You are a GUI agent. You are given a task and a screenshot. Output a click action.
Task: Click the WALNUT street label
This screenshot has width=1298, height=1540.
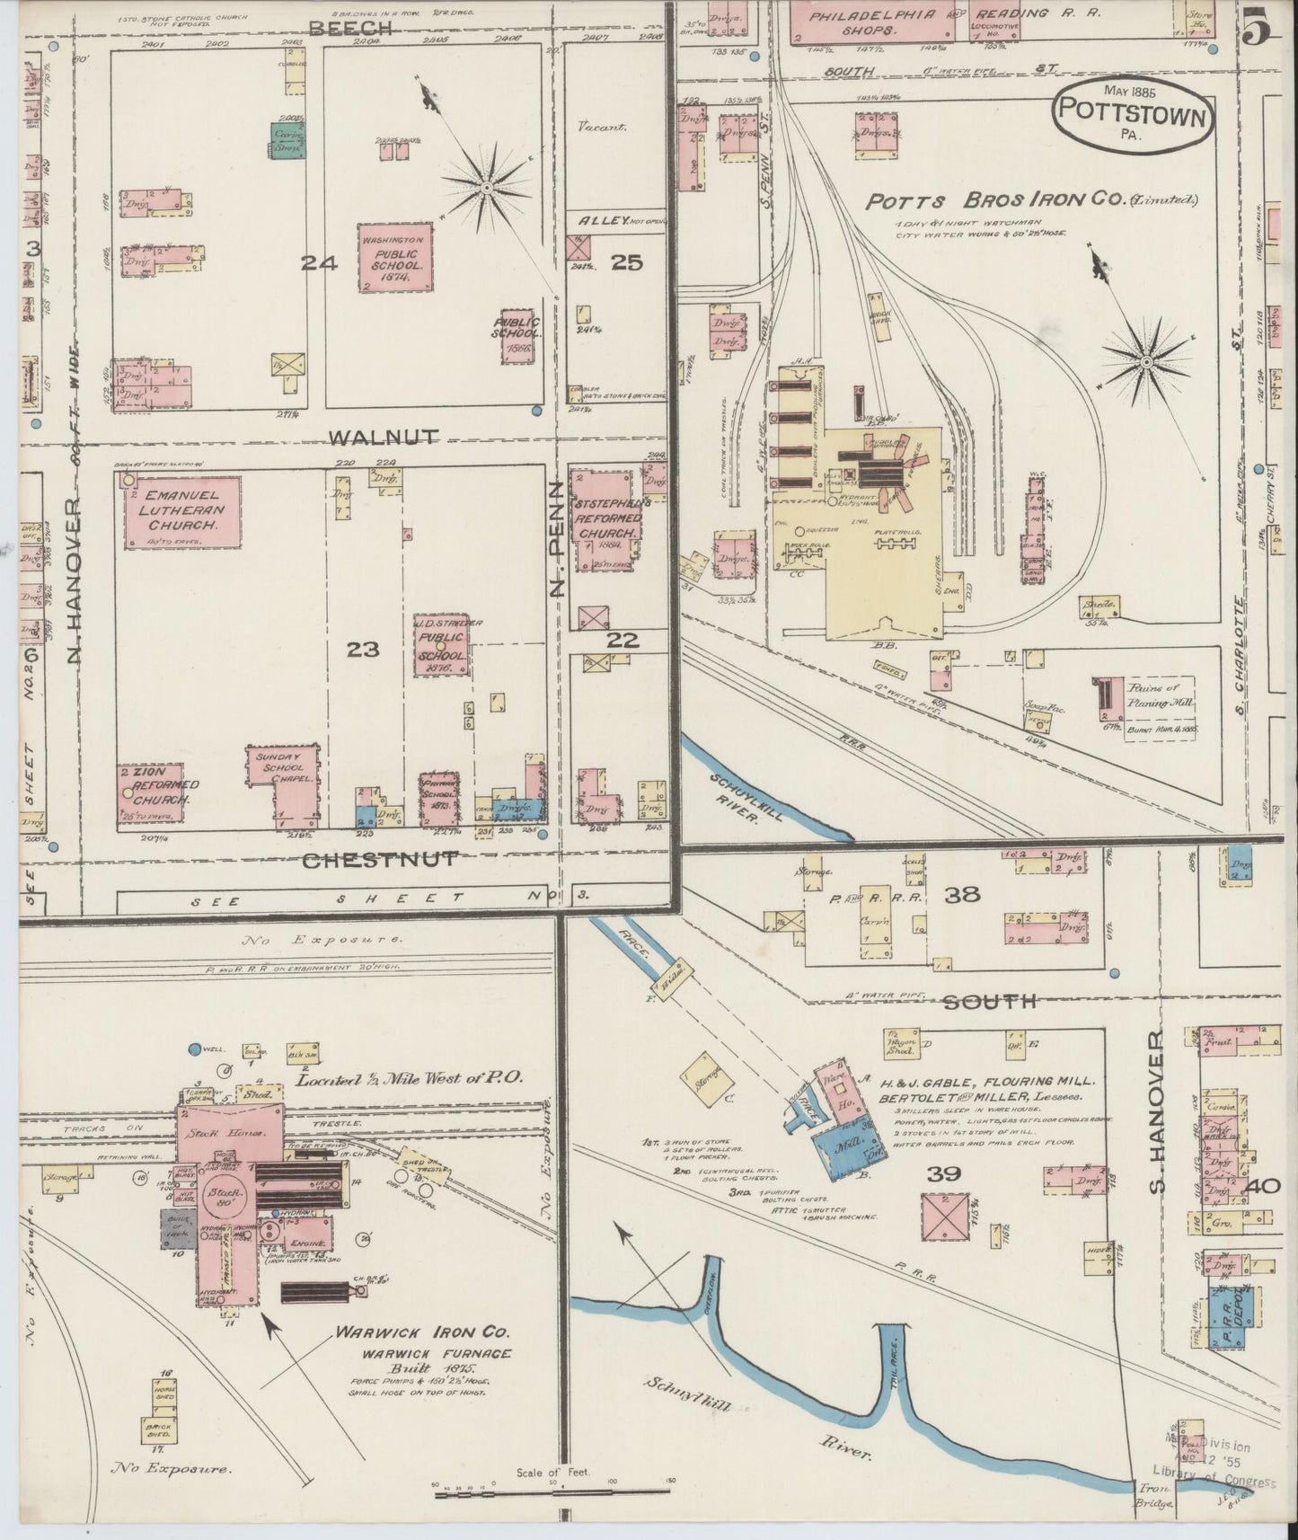[384, 438]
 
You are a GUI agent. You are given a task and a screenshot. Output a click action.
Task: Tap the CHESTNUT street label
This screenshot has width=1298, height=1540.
[379, 860]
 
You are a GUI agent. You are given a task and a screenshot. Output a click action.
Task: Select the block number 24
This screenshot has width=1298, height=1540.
[318, 263]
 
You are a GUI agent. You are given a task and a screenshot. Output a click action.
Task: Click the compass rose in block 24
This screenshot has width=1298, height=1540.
[486, 187]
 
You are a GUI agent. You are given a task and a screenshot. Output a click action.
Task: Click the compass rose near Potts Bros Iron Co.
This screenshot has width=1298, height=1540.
[1146, 362]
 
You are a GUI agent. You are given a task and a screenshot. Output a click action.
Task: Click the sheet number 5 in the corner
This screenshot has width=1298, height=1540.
[1258, 31]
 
